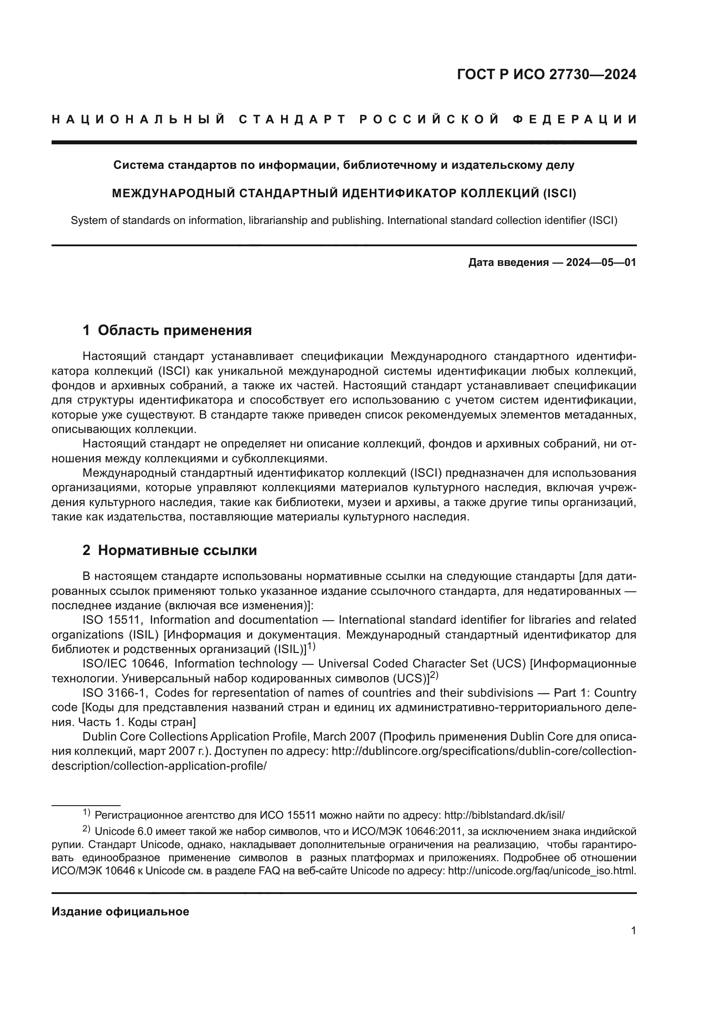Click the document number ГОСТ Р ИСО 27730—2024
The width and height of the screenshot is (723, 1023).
point(546,75)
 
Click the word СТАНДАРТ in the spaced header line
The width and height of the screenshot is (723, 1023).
point(292,119)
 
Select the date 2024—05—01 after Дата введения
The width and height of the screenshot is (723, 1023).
point(601,262)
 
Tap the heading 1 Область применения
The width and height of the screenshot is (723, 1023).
point(167,330)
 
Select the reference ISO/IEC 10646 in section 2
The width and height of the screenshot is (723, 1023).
point(123,663)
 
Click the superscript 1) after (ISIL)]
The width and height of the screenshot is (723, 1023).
point(311,646)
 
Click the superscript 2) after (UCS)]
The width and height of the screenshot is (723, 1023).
point(434,675)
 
